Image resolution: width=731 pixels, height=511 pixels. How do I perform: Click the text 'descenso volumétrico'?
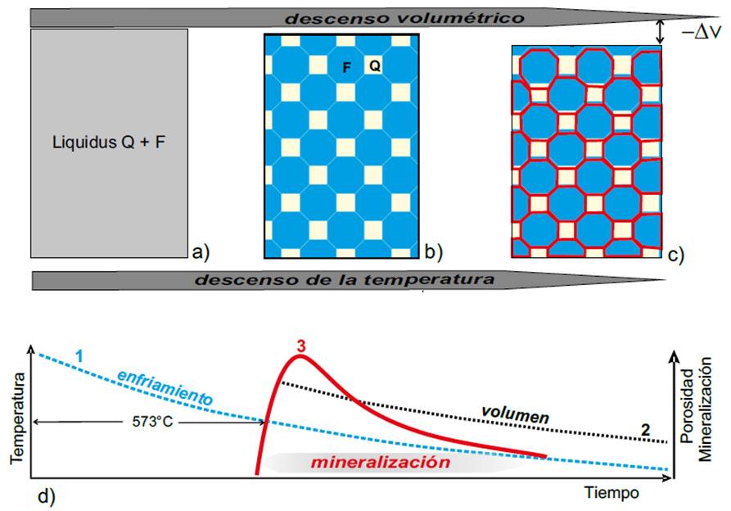point(341,17)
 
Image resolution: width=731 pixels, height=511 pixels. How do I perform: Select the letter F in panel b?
point(347,69)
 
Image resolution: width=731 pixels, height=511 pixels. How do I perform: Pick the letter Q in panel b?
point(374,66)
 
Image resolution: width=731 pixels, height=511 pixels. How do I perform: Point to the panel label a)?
point(201,251)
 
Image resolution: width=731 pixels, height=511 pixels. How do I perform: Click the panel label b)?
point(431,251)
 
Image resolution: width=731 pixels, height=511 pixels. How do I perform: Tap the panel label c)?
point(675,254)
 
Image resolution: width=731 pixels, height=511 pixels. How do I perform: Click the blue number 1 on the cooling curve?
point(79,356)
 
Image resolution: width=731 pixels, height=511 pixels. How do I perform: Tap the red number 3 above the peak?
point(301,346)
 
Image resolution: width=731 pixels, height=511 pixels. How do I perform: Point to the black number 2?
point(646,429)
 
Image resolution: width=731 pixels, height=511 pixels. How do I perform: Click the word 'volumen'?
point(517,415)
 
